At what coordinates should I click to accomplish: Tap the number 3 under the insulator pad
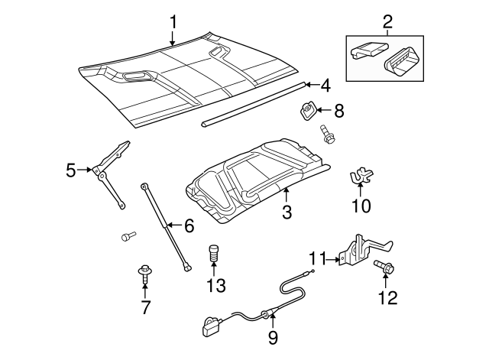point(287,212)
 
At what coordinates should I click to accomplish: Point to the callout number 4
point(325,86)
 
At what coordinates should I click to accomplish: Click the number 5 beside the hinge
point(71,170)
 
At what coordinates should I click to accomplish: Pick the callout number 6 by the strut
point(189,225)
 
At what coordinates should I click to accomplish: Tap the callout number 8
point(338,111)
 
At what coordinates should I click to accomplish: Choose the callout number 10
point(360,206)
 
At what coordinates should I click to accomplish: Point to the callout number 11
point(318,259)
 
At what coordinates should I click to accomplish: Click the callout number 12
point(388,296)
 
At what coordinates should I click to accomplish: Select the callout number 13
point(215,286)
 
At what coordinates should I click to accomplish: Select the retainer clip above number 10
point(360,177)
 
